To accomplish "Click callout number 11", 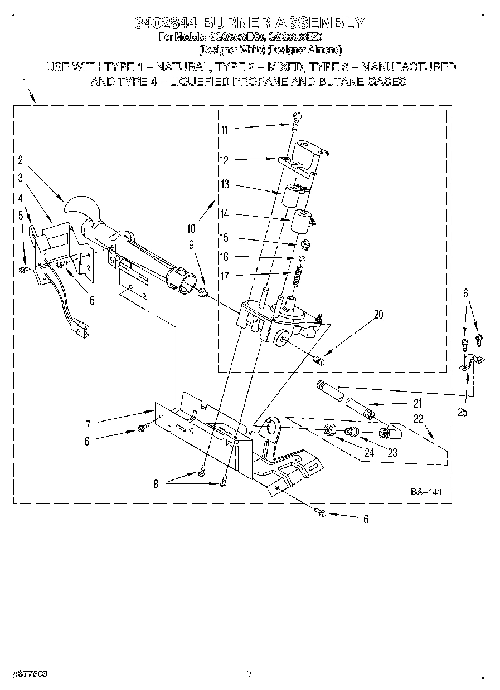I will [x=225, y=129].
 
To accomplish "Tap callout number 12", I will [x=225, y=160].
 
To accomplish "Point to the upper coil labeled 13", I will [x=290, y=197].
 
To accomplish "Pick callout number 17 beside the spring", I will [x=224, y=275].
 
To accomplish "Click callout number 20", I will [x=378, y=314].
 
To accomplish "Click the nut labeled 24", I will [x=329, y=430].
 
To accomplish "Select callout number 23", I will [x=392, y=453].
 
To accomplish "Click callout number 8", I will [x=156, y=484].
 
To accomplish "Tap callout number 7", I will [x=88, y=423].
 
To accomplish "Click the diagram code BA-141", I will [x=426, y=492].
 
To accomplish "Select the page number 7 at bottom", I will [x=250, y=674].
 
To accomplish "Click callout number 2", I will [x=20, y=160].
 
